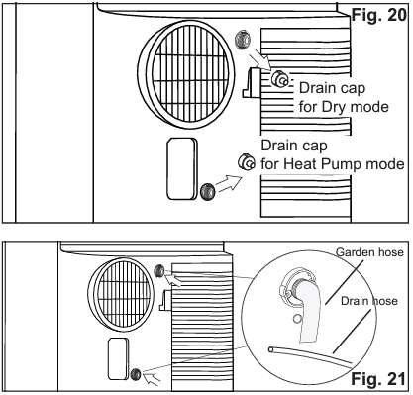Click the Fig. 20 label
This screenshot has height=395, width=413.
click(379, 15)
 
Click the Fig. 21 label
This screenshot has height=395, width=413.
click(378, 379)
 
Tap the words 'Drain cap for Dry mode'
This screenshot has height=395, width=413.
click(344, 97)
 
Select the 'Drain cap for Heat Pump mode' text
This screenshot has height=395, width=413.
click(333, 154)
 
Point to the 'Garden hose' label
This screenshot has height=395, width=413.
click(369, 252)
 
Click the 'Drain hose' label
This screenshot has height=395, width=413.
click(369, 301)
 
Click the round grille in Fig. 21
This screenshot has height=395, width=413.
click(122, 295)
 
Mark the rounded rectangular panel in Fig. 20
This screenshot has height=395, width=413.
click(182, 168)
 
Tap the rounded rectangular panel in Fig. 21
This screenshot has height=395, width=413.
click(118, 358)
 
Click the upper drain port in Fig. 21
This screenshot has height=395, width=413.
click(159, 271)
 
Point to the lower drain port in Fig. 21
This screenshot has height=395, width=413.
click(136, 374)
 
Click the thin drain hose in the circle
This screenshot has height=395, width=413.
click(310, 356)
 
